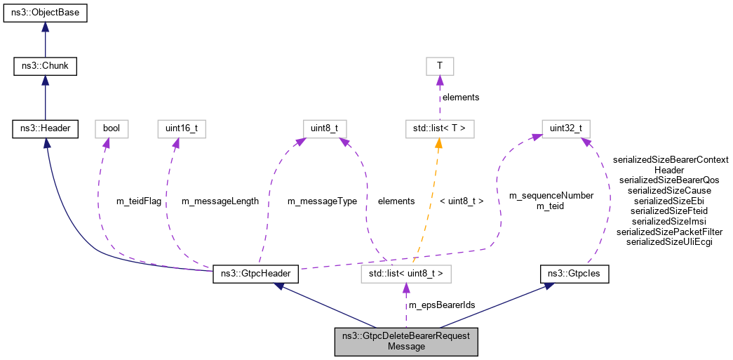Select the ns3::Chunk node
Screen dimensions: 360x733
tap(45, 67)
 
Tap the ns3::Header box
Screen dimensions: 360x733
tap(45, 128)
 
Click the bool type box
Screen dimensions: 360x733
tap(112, 128)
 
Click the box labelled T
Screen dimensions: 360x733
tap(440, 67)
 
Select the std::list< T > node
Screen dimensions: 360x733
tap(440, 128)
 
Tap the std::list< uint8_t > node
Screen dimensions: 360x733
tap(405, 274)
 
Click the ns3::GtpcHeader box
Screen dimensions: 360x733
tap(256, 274)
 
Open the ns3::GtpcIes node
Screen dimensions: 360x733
tap(574, 274)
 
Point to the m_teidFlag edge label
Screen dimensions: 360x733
tap(138, 201)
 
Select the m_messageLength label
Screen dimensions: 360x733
tap(220, 201)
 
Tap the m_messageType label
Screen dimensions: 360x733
tap(322, 201)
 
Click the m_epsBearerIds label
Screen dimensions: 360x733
tap(442, 305)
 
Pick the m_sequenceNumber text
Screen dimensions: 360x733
tap(551, 195)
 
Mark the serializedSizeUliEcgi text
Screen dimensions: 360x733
tap(669, 241)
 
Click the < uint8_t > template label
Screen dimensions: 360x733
tap(461, 201)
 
